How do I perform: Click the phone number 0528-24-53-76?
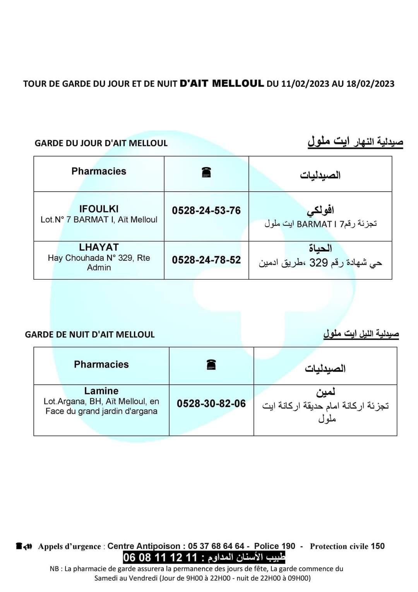[x=206, y=211]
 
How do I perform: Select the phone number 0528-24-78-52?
[x=206, y=260]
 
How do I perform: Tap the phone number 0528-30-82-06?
[x=211, y=404]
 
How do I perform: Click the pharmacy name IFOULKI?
[x=99, y=209]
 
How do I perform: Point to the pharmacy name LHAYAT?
[x=99, y=247]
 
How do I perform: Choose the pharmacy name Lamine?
[x=101, y=391]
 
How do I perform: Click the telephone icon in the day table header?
[x=206, y=172]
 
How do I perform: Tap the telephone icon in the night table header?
[x=211, y=365]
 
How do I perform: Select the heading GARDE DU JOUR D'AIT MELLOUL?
[x=101, y=143]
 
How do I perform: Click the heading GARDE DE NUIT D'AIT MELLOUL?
[x=90, y=335]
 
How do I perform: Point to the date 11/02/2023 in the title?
[x=305, y=84]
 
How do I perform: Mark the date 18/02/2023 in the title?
[x=370, y=84]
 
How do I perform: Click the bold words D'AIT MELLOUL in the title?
[x=222, y=83]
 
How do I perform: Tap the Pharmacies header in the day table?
[x=99, y=171]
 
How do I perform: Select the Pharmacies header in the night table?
[x=101, y=365]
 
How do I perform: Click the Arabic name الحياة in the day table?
[x=320, y=248]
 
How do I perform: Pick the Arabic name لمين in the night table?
[x=325, y=392]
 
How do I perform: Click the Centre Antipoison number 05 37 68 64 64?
[x=216, y=546]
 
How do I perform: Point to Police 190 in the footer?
[x=274, y=546]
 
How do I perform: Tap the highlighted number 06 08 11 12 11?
[x=160, y=558]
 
